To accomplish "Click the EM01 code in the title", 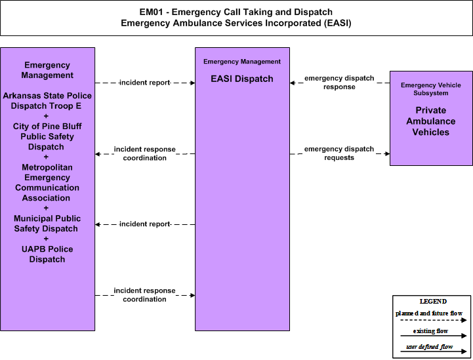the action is click(x=152, y=12).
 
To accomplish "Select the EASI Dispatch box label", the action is click(x=242, y=79).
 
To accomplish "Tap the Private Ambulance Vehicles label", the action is click(x=431, y=121).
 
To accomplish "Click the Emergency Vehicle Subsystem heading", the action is click(x=431, y=89).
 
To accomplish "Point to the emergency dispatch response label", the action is click(x=339, y=83).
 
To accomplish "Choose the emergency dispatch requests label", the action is click(x=339, y=153).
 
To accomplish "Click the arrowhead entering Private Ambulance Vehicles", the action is click(x=387, y=153).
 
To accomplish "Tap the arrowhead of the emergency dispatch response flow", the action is click(x=293, y=83).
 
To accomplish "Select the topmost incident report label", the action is click(x=145, y=83).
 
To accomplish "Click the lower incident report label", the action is click(x=145, y=224).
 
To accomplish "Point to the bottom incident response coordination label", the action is click(x=144, y=295).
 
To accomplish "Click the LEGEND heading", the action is click(x=433, y=301).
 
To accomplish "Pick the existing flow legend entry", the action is click(x=430, y=330).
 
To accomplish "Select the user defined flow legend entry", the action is click(x=429, y=347).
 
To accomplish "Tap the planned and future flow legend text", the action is click(x=429, y=313).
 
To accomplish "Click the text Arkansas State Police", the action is click(x=47, y=96).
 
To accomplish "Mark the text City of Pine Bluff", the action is click(x=47, y=127).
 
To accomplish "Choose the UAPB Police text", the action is click(x=47, y=249).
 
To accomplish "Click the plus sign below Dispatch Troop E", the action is click(x=46, y=116).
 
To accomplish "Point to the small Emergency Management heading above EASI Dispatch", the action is click(x=242, y=62).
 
